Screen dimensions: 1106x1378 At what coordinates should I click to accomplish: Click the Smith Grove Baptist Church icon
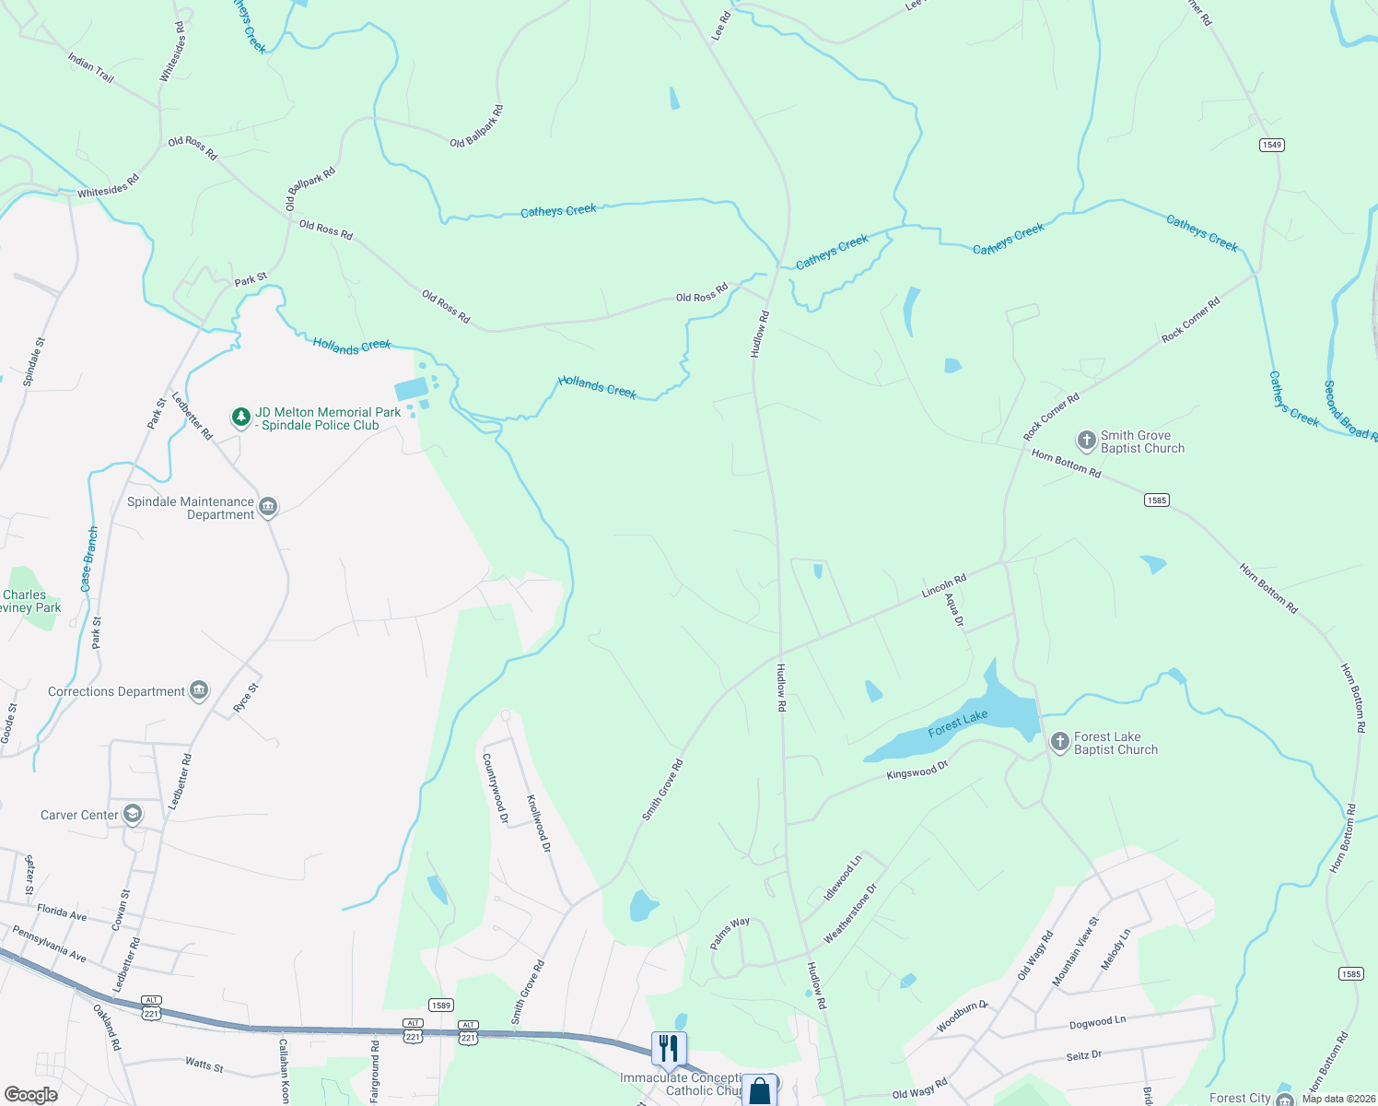click(1086, 440)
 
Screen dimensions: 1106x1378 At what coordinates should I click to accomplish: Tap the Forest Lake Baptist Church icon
click(1059, 741)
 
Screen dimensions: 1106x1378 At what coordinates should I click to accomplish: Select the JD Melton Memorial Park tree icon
click(240, 418)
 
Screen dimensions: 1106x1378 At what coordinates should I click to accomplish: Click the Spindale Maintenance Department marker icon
click(268, 507)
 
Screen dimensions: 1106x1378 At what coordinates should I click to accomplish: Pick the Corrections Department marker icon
click(198, 690)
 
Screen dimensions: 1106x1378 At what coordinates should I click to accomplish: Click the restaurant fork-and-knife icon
click(669, 1048)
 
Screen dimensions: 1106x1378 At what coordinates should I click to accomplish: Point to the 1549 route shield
click(1272, 145)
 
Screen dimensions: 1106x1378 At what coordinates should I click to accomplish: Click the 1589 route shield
click(441, 1005)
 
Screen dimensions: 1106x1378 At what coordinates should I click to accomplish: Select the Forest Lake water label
click(958, 724)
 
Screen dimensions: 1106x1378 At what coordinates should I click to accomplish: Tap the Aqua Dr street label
click(954, 610)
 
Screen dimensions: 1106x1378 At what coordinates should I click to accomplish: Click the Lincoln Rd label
click(944, 585)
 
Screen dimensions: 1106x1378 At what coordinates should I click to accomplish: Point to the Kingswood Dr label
click(917, 770)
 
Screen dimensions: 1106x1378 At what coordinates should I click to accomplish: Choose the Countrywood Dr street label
click(496, 788)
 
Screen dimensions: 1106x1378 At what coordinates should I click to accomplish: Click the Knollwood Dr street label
click(539, 823)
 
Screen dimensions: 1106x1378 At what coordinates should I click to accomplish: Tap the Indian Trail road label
click(90, 67)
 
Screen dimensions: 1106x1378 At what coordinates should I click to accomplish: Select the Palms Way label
click(730, 933)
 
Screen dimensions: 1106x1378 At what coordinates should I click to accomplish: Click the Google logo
click(30, 1094)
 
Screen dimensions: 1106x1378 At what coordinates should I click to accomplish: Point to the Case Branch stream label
click(89, 559)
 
